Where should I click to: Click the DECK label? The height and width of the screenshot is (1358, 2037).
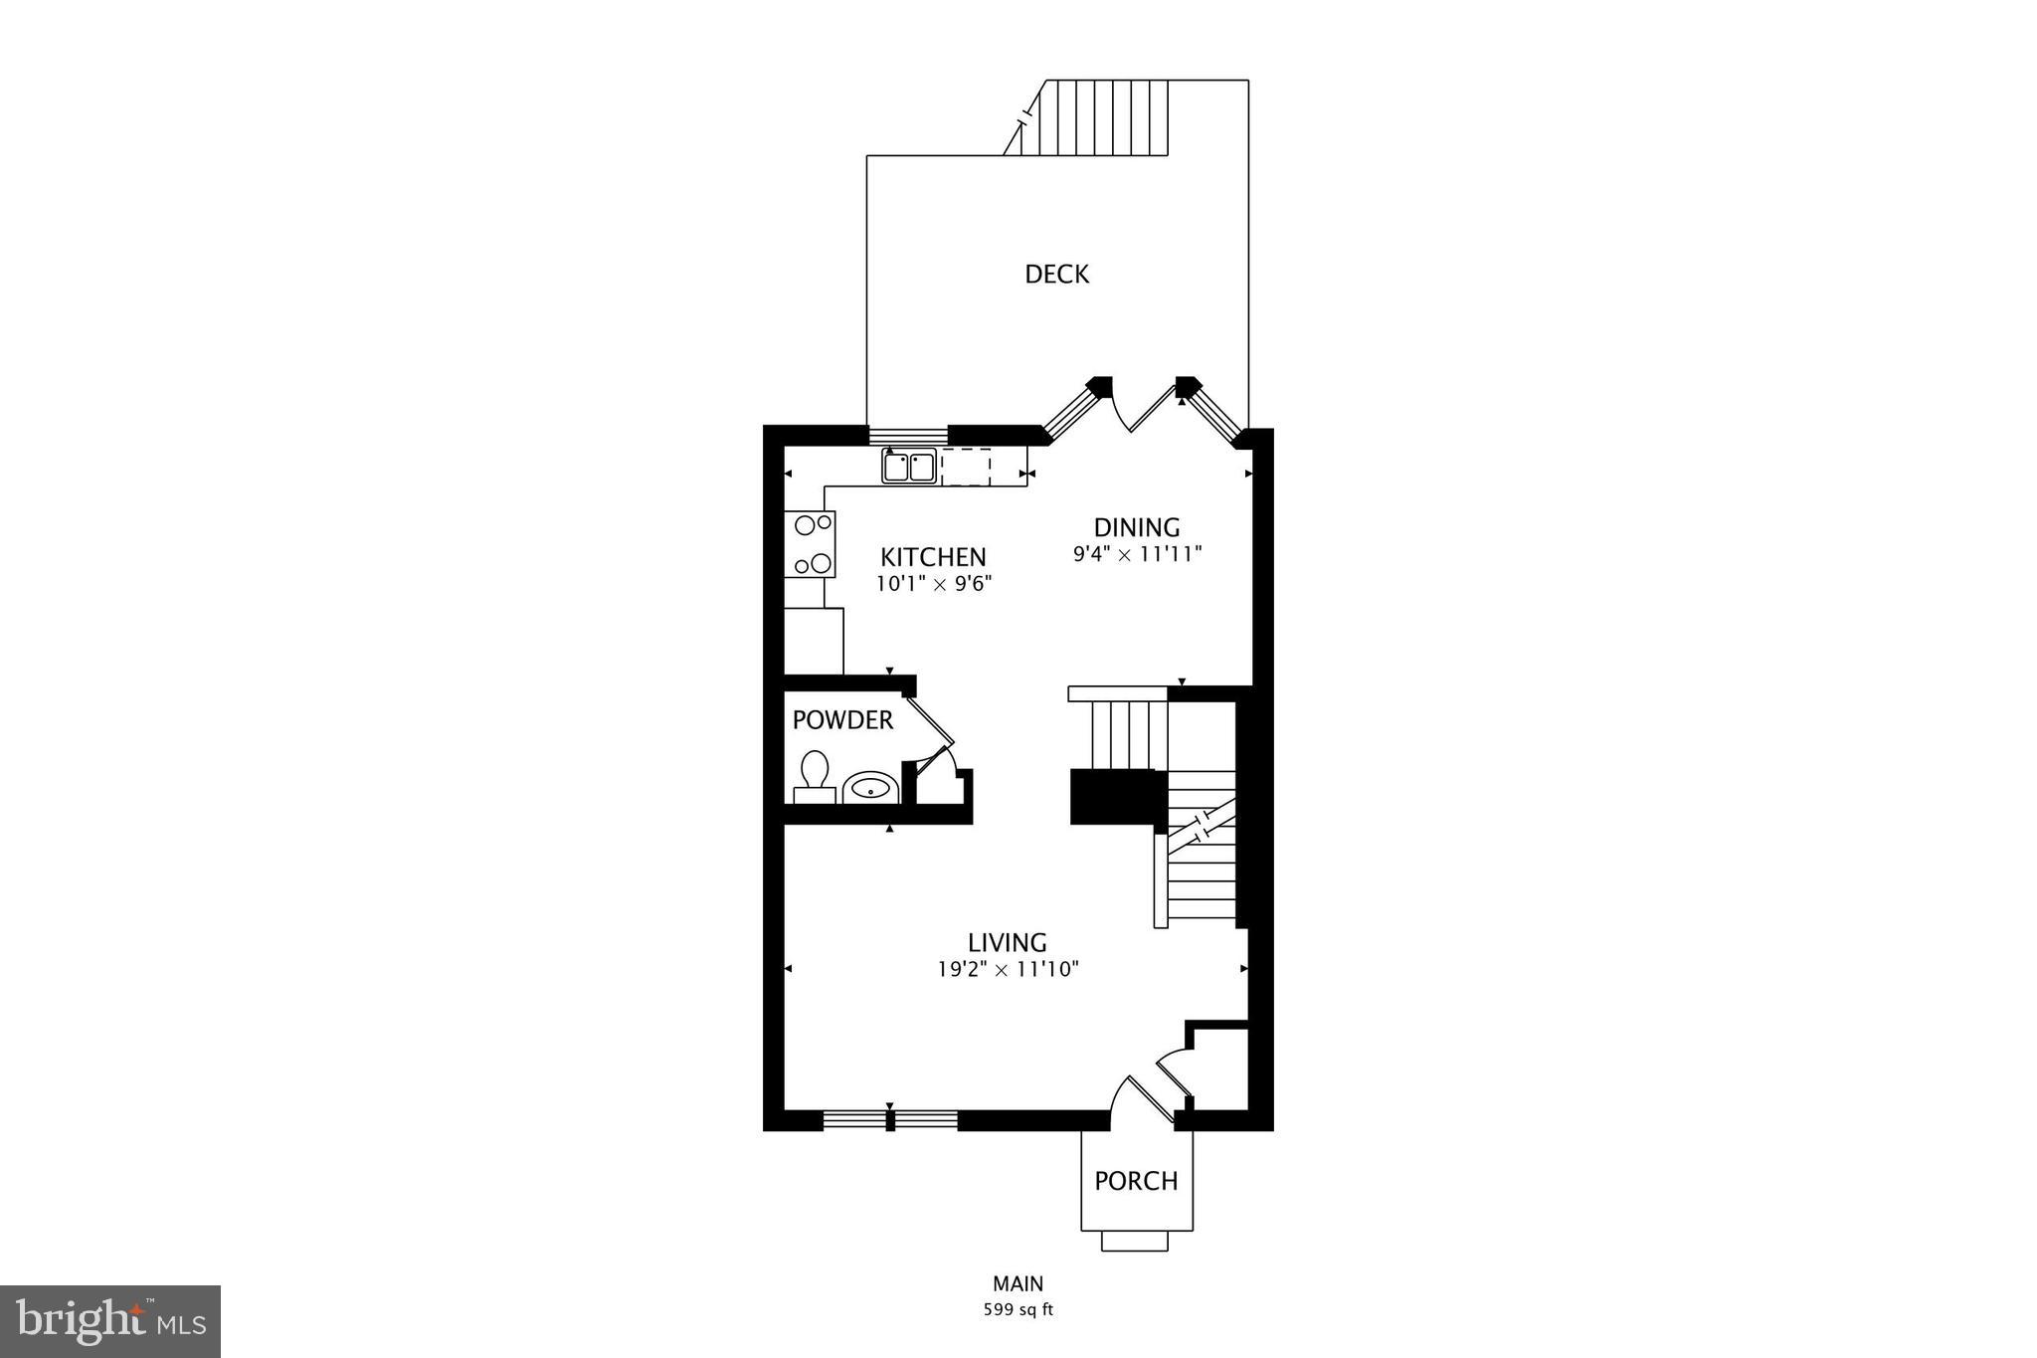(1056, 274)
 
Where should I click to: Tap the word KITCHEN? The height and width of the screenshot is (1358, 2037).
(933, 557)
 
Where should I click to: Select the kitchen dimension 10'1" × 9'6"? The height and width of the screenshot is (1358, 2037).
(934, 584)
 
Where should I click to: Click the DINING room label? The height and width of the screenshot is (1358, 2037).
(1137, 527)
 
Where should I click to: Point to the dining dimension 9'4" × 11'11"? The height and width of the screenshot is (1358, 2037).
(1137, 554)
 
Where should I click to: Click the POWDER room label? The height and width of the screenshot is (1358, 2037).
(842, 720)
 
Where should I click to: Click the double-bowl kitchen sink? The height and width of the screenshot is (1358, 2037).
(909, 467)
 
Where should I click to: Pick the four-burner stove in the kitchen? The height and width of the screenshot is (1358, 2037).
(810, 544)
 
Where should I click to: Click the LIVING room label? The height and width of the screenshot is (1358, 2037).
(1008, 941)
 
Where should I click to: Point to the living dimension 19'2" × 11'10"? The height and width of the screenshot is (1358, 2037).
(1008, 968)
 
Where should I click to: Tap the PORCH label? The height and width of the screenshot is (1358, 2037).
(1136, 1181)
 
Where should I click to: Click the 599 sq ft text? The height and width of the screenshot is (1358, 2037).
(1018, 1309)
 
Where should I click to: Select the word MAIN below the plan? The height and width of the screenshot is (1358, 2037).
(1018, 1283)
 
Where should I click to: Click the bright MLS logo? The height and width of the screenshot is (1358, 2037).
(110, 1321)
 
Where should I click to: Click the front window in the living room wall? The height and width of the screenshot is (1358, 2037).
(890, 1120)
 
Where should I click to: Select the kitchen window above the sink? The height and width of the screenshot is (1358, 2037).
(908, 436)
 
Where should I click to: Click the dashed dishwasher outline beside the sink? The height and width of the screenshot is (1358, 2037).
(966, 467)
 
